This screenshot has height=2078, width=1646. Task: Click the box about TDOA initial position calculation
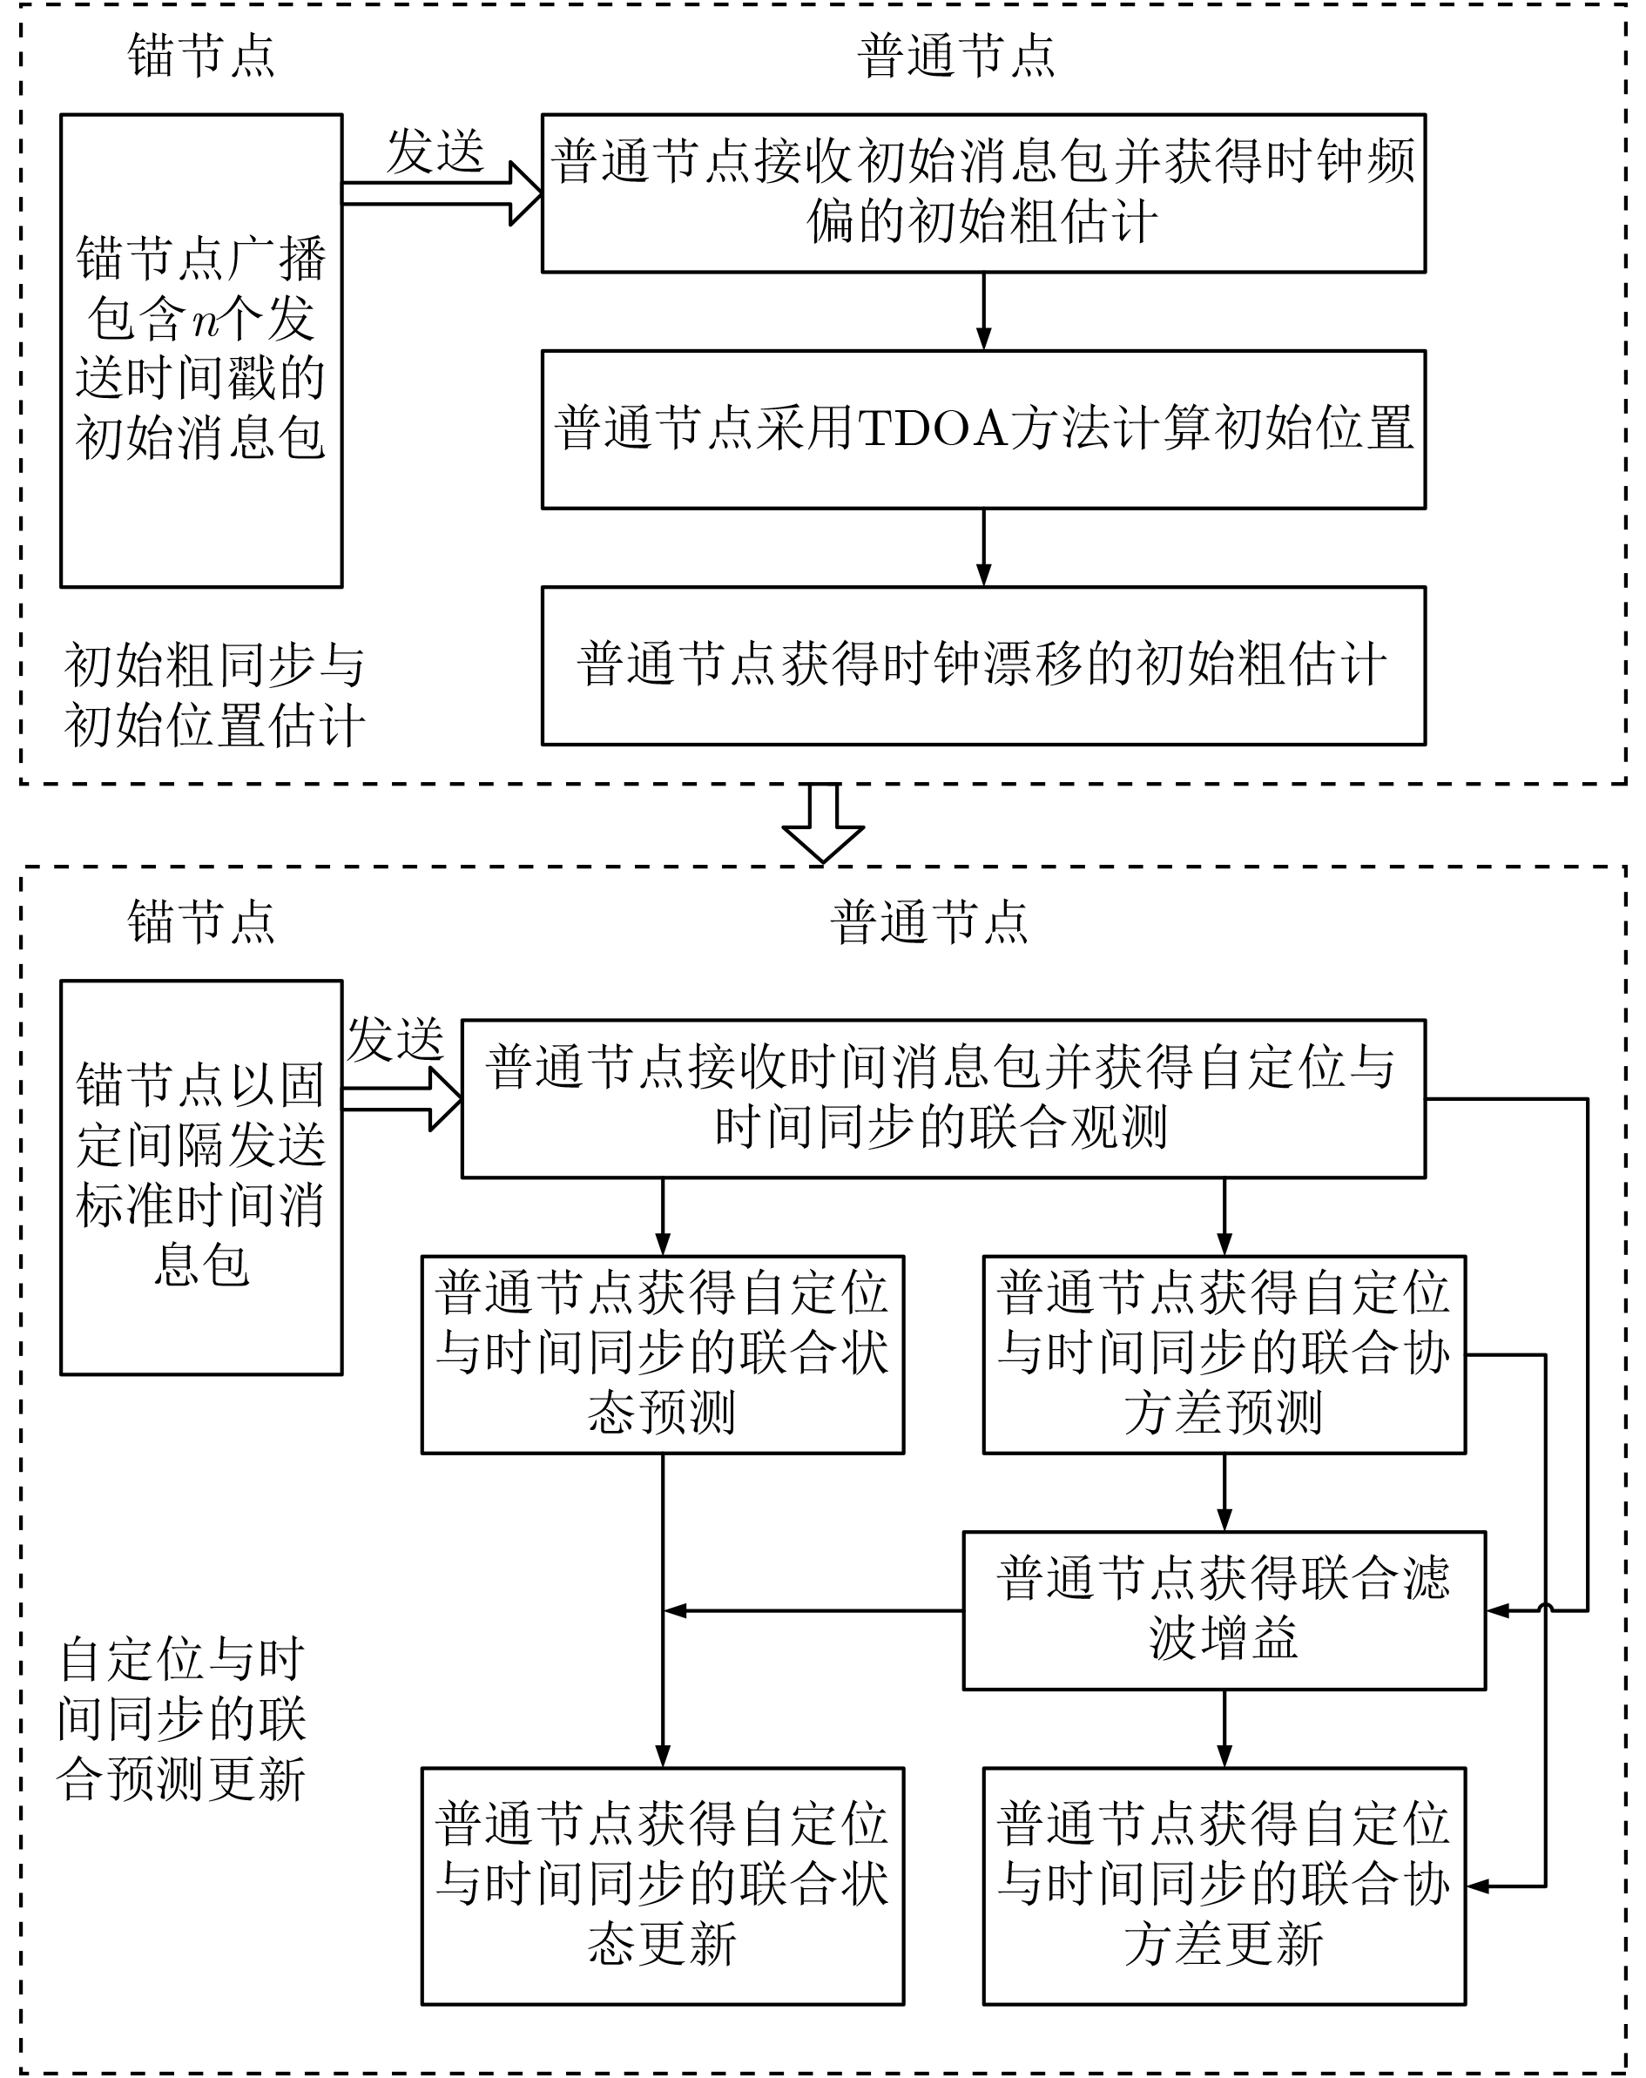tap(983, 428)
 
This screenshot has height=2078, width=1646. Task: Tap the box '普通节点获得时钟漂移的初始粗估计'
tap(983, 665)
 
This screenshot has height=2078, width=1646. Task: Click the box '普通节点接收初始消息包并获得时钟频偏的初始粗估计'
tap(983, 192)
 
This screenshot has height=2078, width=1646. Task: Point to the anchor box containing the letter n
tap(201, 350)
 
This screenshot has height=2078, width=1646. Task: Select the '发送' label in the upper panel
tap(435, 152)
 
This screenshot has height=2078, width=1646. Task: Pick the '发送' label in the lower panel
tap(396, 1039)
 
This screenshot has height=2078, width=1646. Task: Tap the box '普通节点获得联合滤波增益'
tap(1224, 1609)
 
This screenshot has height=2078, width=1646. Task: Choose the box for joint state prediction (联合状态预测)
tap(662, 1354)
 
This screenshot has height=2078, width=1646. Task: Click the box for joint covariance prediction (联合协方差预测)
tap(1224, 1354)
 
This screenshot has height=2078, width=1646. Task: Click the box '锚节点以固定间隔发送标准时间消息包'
tap(201, 1177)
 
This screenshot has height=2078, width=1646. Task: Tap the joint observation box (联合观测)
tap(942, 1098)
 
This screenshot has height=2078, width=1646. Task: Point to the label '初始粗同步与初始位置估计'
tap(214, 695)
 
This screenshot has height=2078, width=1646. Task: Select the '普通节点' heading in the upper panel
tap(956, 56)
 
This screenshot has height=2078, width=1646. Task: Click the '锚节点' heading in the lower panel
tap(201, 921)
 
